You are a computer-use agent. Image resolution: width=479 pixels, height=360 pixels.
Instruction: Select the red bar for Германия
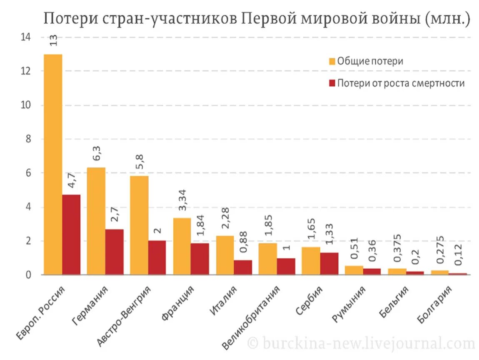coord(114,252)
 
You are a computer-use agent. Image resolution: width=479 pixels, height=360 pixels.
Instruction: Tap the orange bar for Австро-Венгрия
coord(139,225)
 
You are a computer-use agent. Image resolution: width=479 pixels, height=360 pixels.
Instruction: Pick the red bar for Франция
coord(200,259)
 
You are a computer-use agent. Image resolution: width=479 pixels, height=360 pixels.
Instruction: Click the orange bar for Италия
coord(225,255)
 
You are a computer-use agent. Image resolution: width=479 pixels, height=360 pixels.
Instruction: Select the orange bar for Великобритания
coord(268,259)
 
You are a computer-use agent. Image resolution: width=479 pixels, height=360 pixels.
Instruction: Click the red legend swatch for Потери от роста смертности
coord(332,83)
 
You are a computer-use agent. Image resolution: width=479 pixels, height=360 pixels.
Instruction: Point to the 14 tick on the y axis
coord(25,37)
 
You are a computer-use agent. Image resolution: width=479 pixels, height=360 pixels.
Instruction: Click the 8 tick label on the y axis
coord(28,139)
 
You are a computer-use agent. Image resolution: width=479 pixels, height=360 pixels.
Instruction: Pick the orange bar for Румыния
coord(354,270)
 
